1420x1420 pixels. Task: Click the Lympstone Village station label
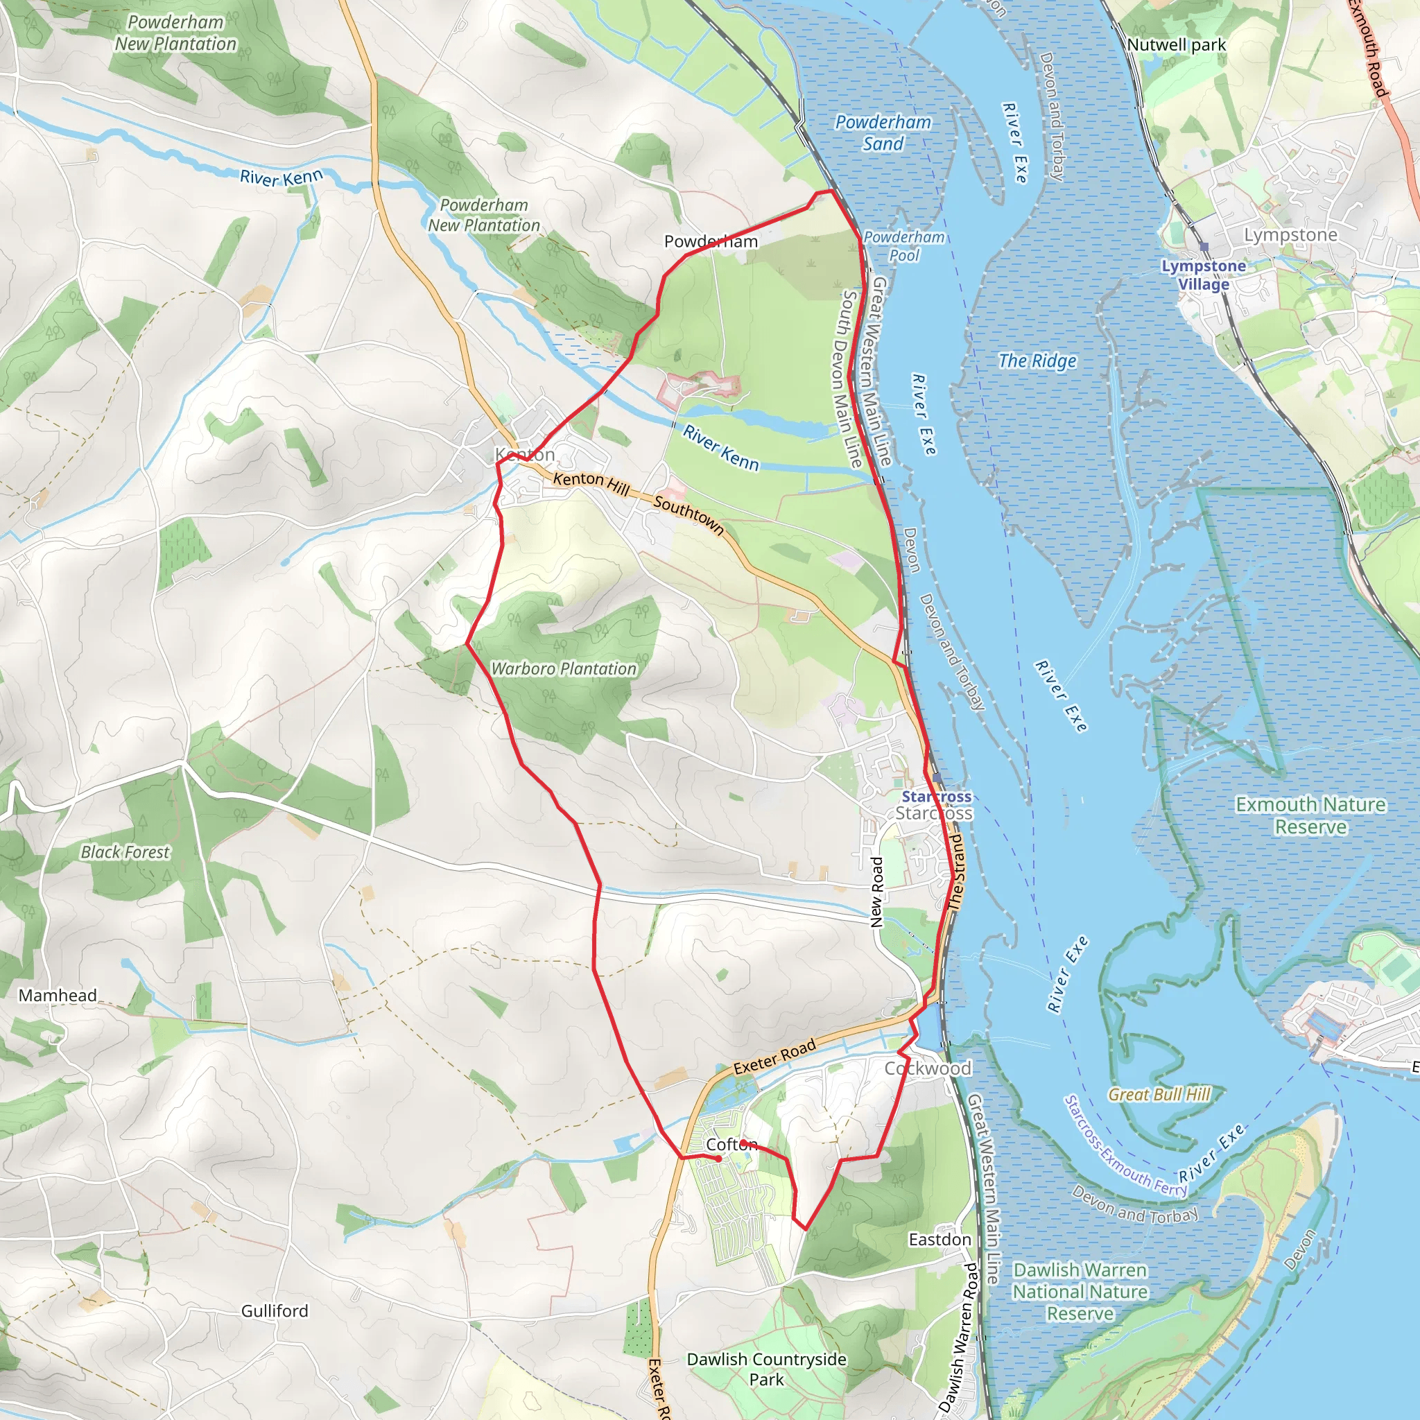[1203, 275]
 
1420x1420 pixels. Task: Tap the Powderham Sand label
[883, 133]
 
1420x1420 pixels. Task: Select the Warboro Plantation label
[564, 669]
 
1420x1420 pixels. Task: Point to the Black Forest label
[125, 852]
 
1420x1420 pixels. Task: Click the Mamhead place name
[58, 995]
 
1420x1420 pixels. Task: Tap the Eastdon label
[940, 1239]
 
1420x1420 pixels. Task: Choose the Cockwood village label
[928, 1068]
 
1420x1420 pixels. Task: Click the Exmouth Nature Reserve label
[1310, 815]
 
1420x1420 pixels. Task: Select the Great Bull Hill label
[1159, 1094]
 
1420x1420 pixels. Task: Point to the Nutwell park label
[1176, 45]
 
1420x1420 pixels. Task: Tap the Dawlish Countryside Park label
[767, 1369]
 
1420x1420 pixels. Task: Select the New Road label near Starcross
[876, 892]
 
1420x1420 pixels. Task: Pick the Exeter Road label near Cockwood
[774, 1056]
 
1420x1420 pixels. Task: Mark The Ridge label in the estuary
[1037, 361]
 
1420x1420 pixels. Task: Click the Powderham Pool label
[904, 246]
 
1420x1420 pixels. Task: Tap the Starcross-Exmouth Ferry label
[1125, 1146]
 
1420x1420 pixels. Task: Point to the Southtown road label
[689, 514]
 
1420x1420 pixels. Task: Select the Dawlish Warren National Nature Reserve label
[1080, 1291]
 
